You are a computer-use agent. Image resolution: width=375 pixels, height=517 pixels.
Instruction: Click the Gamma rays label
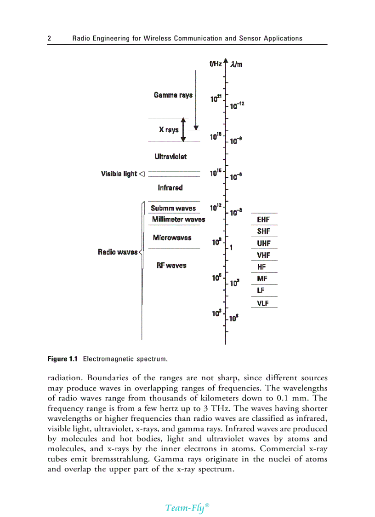[173, 95]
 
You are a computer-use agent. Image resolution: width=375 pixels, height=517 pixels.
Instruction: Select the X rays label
[169, 130]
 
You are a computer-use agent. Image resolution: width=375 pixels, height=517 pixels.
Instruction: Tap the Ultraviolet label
[170, 157]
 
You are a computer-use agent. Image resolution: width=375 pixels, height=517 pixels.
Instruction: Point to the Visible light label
[119, 174]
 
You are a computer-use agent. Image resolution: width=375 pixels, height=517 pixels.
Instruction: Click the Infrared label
[170, 188]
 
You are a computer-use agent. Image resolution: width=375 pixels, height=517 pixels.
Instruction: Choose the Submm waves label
[173, 209]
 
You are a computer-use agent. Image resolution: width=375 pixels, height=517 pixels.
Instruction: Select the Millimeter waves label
[178, 220]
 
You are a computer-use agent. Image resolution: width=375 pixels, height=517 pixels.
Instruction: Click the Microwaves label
[172, 238]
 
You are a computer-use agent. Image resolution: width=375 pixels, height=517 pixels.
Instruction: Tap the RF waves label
[171, 266]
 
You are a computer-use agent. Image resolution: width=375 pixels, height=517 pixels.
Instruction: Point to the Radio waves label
[118, 252]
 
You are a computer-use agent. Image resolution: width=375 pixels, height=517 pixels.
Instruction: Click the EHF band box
[263, 220]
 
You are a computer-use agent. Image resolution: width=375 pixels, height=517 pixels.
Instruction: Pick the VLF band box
[263, 303]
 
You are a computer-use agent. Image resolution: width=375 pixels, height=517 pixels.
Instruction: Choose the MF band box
[263, 279]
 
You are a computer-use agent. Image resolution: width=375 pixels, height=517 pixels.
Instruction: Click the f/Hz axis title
[216, 64]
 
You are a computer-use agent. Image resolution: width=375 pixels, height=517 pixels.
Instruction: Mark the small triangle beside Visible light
[142, 174]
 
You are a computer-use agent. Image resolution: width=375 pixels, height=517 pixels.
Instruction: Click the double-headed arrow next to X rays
[183, 130]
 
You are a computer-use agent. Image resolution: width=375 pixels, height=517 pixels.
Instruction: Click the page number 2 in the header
[50, 38]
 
